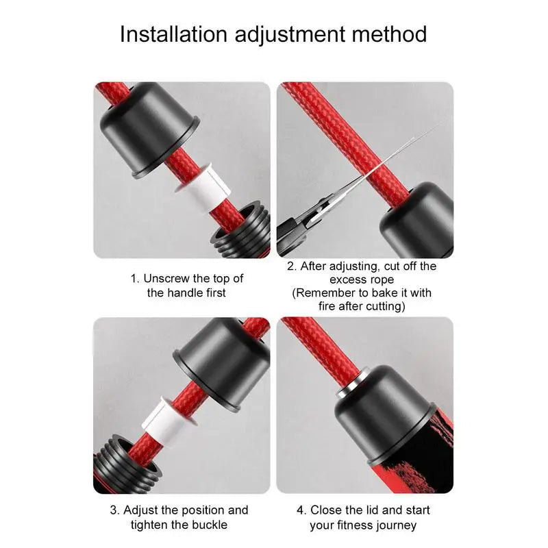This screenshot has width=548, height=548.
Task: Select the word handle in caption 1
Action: click(x=183, y=292)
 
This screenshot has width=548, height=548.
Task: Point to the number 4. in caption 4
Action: click(x=301, y=510)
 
